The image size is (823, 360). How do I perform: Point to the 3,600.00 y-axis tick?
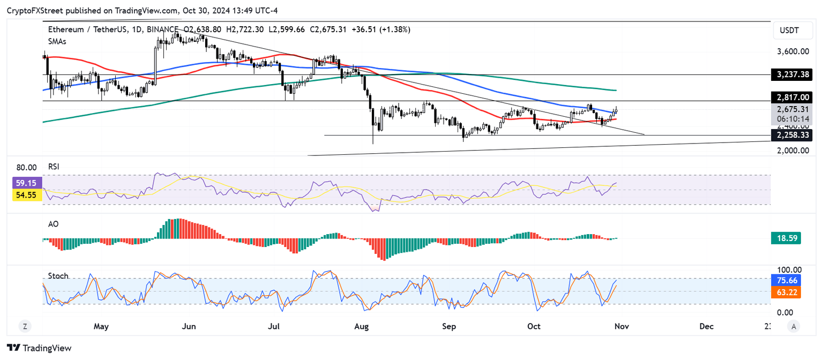click(792, 51)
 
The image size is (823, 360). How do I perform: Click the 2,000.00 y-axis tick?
click(792, 151)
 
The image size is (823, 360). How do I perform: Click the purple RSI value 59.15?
click(27, 183)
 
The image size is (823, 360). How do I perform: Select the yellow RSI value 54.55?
click(27, 196)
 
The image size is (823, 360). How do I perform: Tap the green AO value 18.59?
click(785, 238)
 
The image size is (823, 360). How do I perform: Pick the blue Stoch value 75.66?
click(785, 280)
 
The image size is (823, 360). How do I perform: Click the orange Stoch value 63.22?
click(785, 292)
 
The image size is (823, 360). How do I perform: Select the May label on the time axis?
click(101, 326)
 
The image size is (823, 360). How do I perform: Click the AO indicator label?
click(53, 224)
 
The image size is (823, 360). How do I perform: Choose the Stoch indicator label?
click(58, 276)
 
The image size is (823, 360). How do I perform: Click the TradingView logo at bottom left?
click(39, 348)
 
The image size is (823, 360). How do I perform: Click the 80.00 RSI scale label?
click(26, 167)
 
